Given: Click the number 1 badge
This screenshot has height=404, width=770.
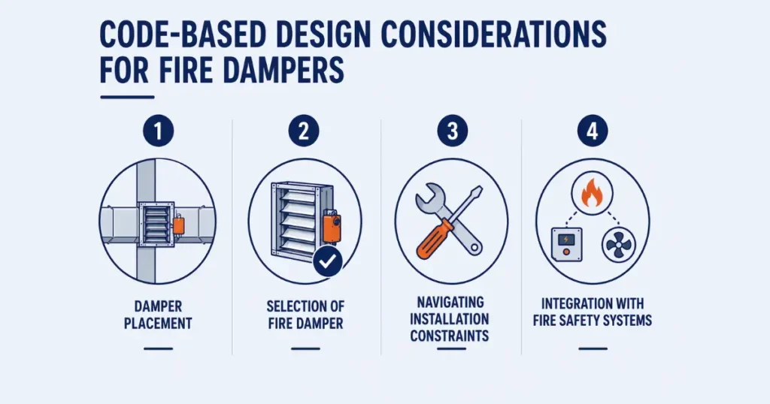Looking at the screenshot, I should pos(157,133).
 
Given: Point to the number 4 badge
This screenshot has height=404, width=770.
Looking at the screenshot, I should pos(593,133).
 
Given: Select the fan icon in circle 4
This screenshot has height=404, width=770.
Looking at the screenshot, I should pos(619,244).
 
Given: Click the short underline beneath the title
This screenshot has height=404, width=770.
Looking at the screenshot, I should pos(127,97).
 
